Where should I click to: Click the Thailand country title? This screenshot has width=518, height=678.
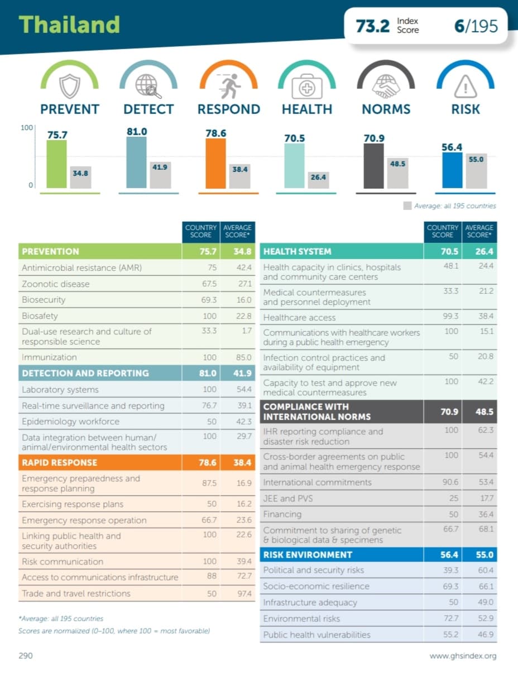click(x=69, y=25)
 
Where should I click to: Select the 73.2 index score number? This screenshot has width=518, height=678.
click(x=372, y=26)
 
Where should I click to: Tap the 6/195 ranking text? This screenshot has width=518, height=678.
click(x=476, y=26)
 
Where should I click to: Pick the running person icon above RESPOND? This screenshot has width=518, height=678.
click(x=228, y=85)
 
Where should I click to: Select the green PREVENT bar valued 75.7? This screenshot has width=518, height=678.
click(x=56, y=164)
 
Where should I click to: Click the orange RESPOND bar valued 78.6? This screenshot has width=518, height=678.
click(x=215, y=163)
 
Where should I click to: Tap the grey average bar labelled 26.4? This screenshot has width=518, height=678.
click(x=318, y=179)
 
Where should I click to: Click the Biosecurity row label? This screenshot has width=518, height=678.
click(x=44, y=299)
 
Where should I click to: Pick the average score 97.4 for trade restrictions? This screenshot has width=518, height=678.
click(x=244, y=594)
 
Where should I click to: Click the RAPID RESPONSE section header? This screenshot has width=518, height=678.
click(x=59, y=462)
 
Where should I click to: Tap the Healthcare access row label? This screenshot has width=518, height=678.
click(x=299, y=317)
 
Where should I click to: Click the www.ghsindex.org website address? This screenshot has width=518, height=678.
click(x=462, y=656)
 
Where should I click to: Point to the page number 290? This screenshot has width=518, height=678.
click(x=26, y=656)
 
